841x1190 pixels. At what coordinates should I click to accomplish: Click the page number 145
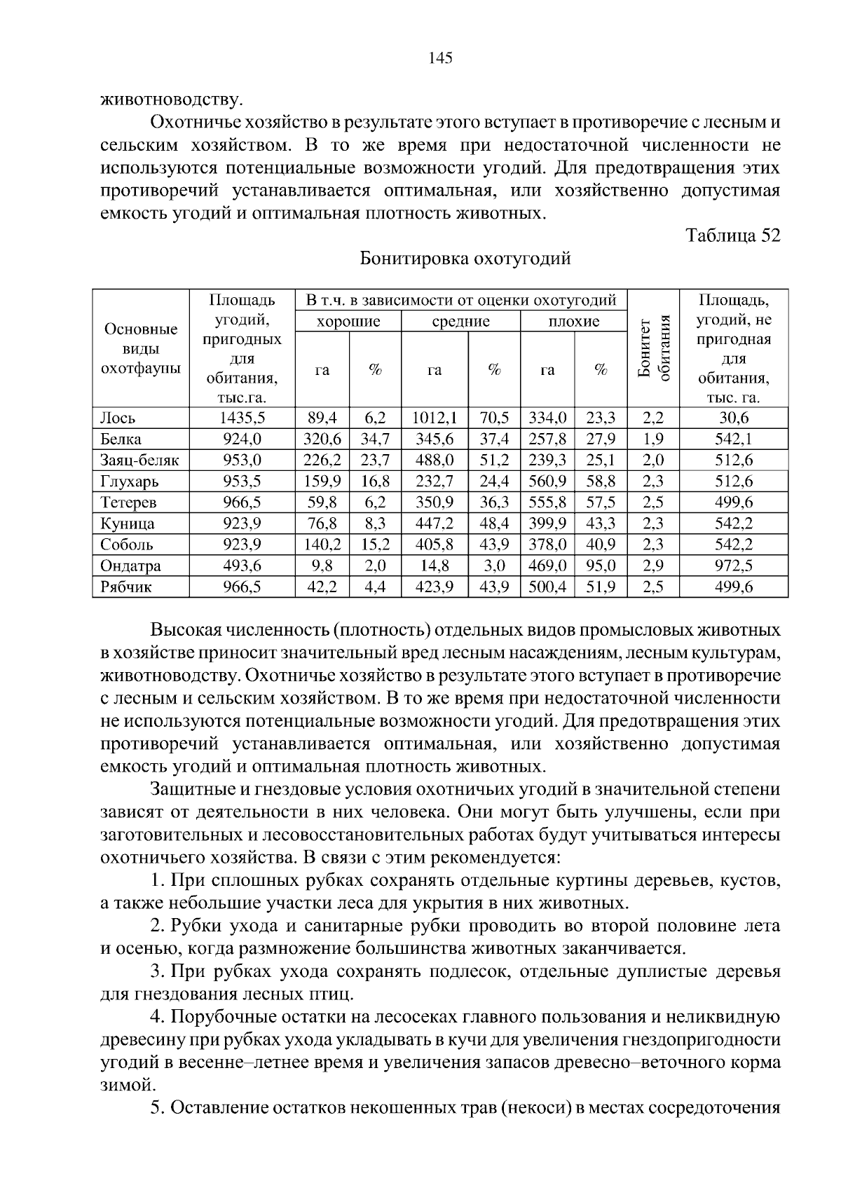click(x=440, y=58)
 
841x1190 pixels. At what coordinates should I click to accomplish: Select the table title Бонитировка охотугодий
click(x=465, y=259)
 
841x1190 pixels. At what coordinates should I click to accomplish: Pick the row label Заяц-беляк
click(x=139, y=460)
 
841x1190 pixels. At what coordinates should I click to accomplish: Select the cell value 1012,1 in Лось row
click(x=435, y=418)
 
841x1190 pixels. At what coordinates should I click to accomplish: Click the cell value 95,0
click(x=601, y=566)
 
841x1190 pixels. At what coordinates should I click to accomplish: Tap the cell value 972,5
click(x=733, y=566)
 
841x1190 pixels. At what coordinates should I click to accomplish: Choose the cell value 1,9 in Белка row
click(x=652, y=439)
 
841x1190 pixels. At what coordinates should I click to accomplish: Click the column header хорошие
click(x=348, y=322)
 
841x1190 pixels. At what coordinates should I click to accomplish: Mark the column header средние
click(x=460, y=322)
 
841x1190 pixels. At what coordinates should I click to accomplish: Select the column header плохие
click(x=573, y=322)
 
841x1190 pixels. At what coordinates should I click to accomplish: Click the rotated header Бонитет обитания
click(x=653, y=348)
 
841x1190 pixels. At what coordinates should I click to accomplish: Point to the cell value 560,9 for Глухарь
click(x=547, y=481)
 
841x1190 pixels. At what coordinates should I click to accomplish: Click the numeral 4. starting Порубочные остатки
click(x=157, y=1017)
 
